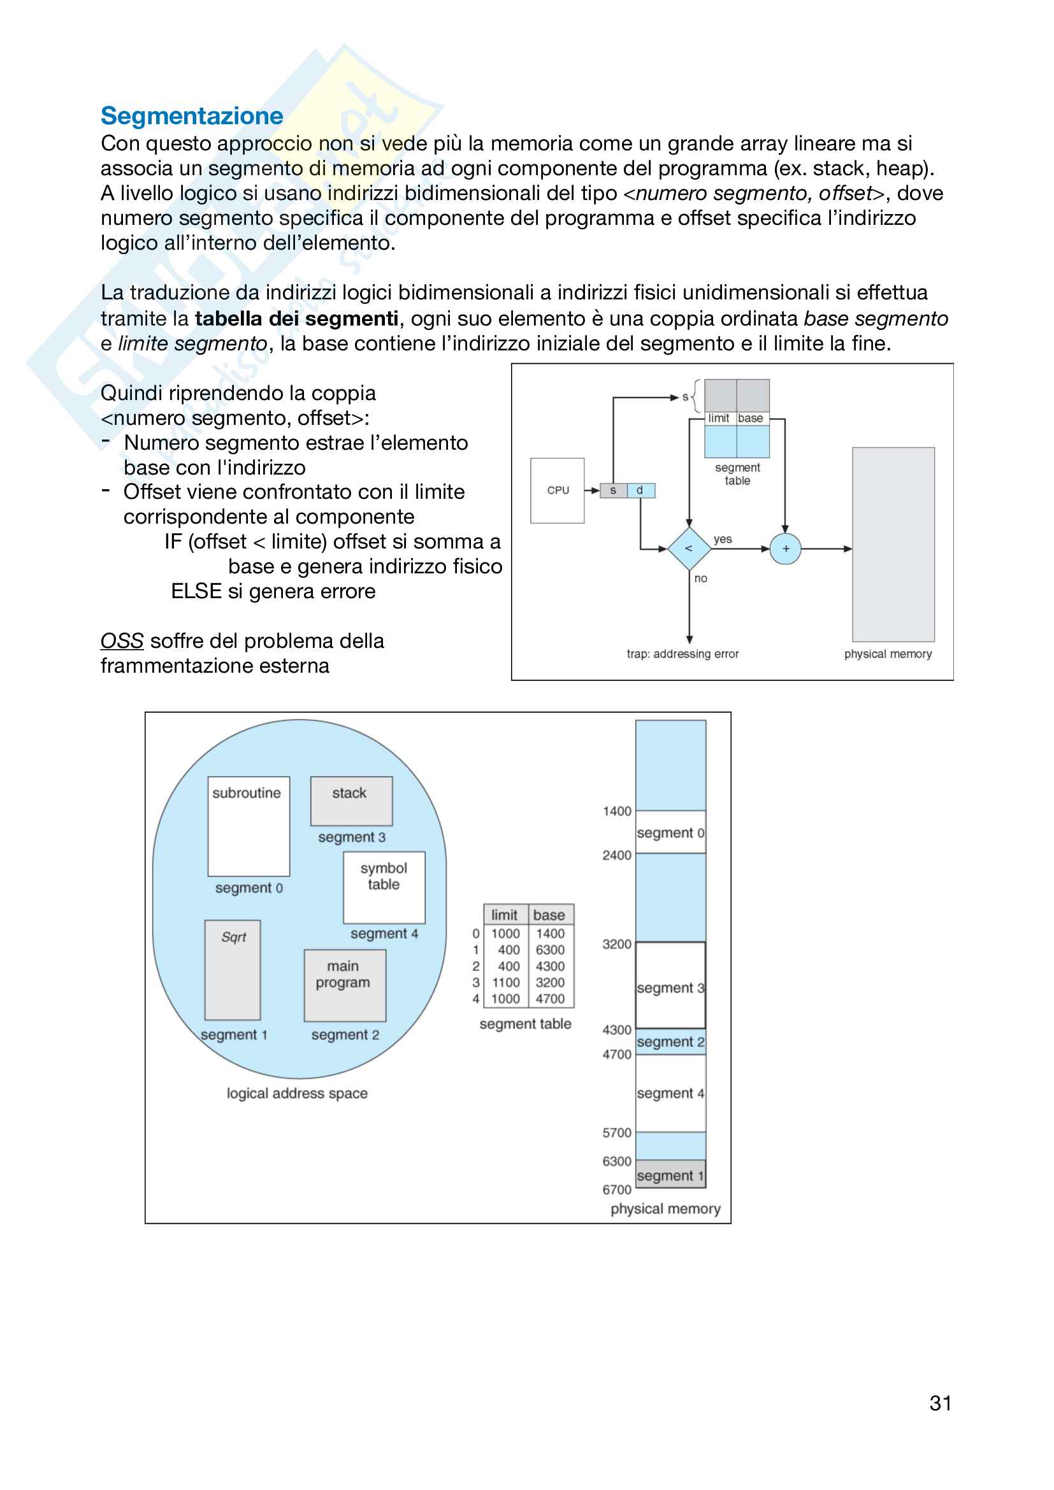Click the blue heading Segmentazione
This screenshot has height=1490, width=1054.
tap(191, 116)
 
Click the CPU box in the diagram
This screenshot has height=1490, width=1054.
tap(557, 491)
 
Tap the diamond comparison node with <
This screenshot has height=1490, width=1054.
tap(689, 549)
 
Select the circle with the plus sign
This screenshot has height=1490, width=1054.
tap(785, 549)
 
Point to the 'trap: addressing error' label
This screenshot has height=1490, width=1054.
tap(682, 654)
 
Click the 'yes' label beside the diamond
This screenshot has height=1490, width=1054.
tap(723, 540)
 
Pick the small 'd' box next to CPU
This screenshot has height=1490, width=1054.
tap(640, 491)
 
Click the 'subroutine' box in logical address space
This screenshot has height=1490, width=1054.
tap(248, 826)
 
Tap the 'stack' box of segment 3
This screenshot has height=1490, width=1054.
tap(350, 801)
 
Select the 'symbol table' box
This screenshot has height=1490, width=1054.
tap(384, 887)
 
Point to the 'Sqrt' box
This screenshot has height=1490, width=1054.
tap(233, 970)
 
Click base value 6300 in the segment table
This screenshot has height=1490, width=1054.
tap(551, 950)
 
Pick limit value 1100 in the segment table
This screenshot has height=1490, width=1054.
tap(505, 982)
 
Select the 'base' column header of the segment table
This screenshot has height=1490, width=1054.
tap(549, 915)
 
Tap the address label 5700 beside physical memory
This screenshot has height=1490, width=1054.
tap(617, 1133)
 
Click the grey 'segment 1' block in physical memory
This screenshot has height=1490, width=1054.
tap(670, 1175)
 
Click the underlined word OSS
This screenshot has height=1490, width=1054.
tap(121, 641)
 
